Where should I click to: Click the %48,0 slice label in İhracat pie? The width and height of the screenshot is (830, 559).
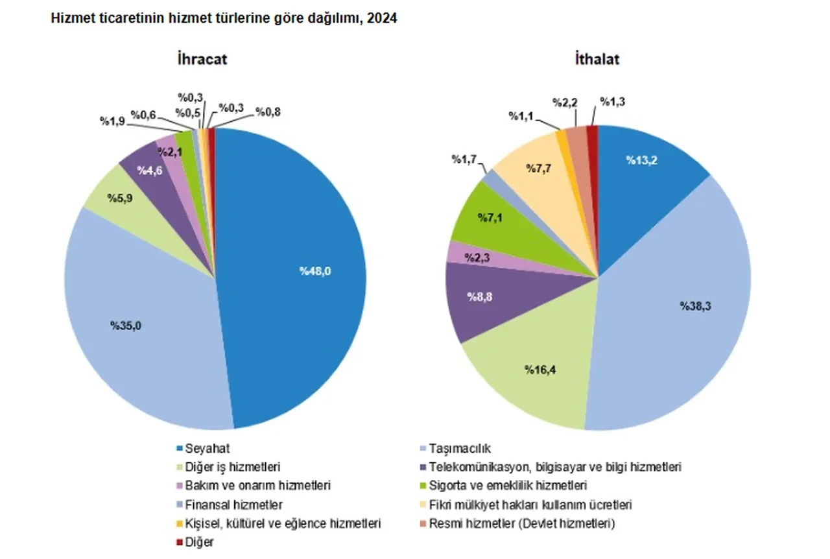(315, 272)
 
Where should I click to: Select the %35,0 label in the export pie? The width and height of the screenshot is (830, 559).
(126, 326)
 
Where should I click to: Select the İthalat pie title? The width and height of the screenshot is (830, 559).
(597, 60)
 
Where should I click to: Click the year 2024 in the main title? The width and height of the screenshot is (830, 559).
(383, 19)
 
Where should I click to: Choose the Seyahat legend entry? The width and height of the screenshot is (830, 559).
(206, 448)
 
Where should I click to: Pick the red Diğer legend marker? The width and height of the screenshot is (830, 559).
(179, 541)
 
